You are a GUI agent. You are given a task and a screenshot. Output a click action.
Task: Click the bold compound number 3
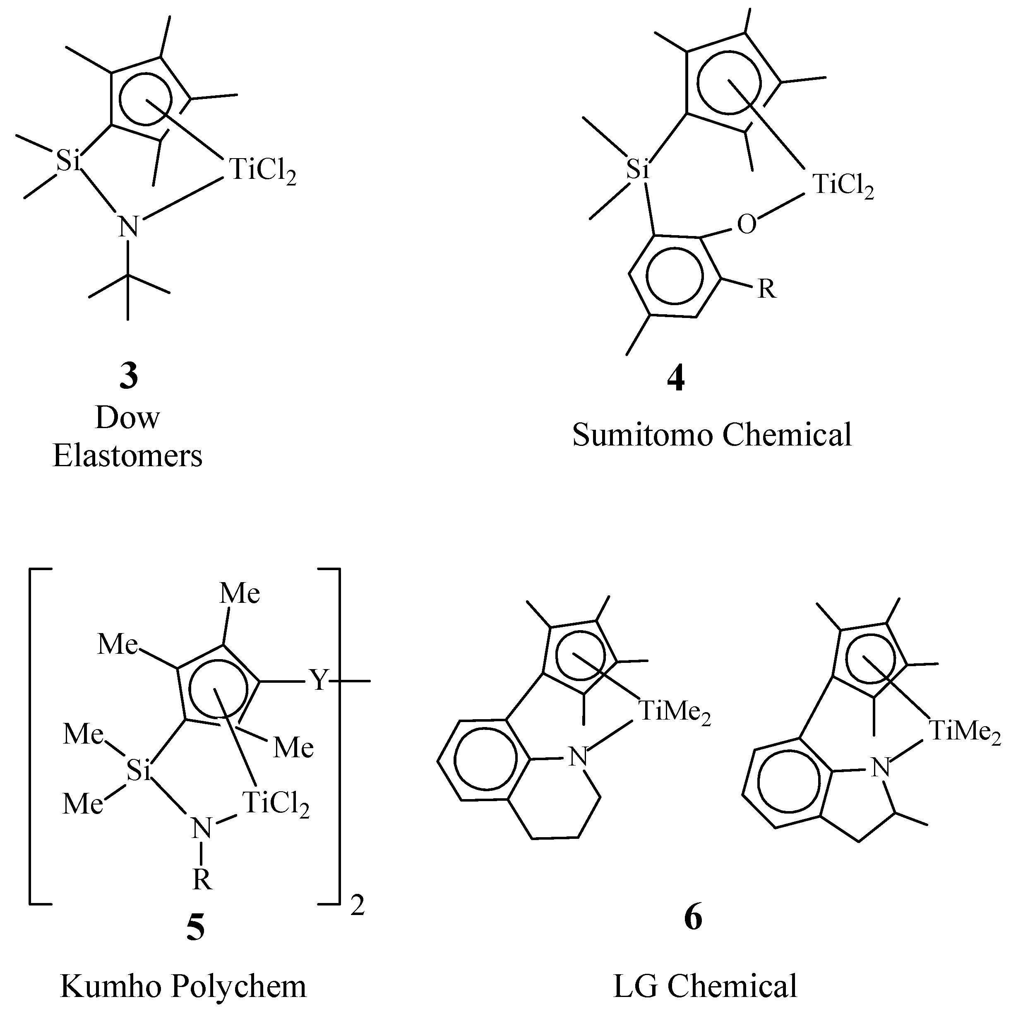[128, 376]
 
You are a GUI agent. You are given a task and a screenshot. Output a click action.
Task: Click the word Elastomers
[128, 456]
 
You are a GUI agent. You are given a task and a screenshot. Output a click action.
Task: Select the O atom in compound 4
[746, 225]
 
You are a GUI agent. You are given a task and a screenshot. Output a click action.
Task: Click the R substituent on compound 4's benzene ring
[766, 289]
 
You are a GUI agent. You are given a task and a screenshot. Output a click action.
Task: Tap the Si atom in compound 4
[638, 169]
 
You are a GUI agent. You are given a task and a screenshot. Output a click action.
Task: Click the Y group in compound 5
[319, 681]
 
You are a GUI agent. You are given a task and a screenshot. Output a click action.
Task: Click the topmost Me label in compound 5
[240, 594]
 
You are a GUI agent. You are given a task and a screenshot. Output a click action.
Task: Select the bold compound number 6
[693, 918]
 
